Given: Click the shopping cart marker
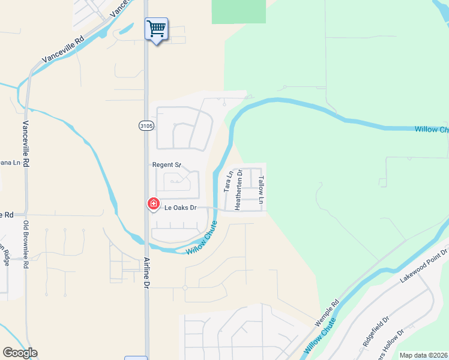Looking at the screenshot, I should pyautogui.click(x=156, y=28).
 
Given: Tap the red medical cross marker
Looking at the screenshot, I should pyautogui.click(x=154, y=205).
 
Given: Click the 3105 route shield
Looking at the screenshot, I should pyautogui.click(x=146, y=125).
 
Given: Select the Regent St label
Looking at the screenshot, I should pyautogui.click(x=166, y=164).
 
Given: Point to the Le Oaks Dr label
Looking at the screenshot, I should pyautogui.click(x=181, y=208).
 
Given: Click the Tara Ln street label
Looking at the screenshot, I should pyautogui.click(x=228, y=181).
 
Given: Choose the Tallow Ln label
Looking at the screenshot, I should pyautogui.click(x=261, y=190).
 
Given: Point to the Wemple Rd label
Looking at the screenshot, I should pyautogui.click(x=327, y=312).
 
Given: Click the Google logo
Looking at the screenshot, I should pyautogui.click(x=20, y=353).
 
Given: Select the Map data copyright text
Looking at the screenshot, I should pyautogui.click(x=423, y=355).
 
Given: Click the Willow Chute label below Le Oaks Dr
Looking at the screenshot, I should pyautogui.click(x=201, y=238).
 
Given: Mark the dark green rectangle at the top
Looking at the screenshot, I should pyautogui.click(x=239, y=11).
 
